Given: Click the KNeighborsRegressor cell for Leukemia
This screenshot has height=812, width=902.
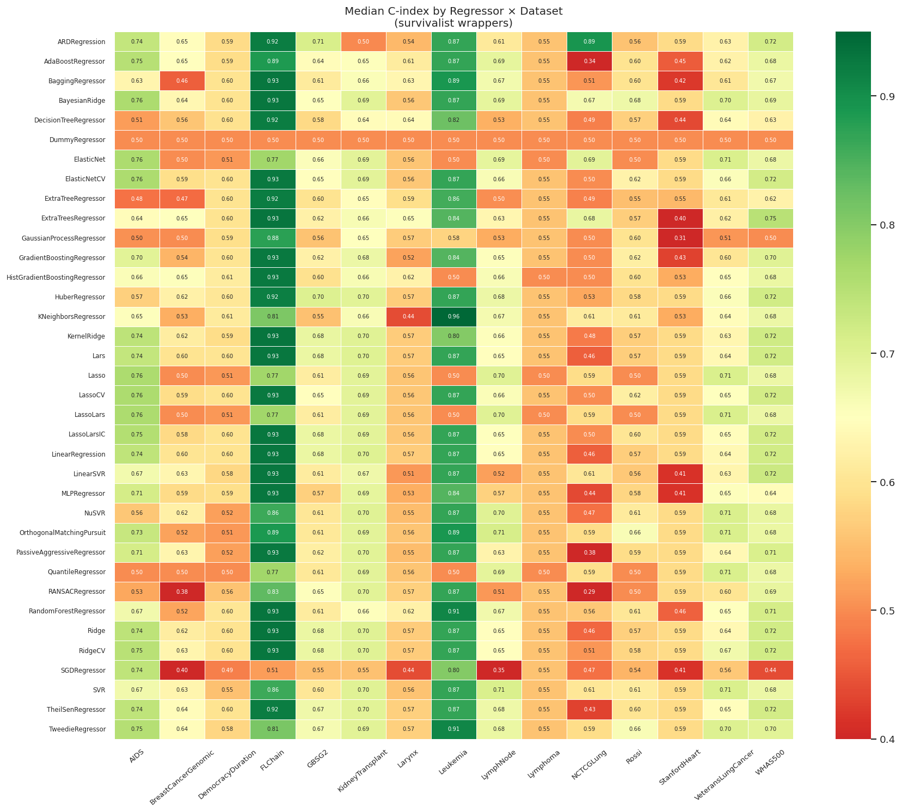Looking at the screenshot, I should coord(453,317).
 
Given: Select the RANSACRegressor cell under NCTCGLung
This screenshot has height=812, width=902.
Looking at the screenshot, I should coord(590,592).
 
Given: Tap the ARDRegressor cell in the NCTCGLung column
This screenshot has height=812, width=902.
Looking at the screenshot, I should coord(590,42).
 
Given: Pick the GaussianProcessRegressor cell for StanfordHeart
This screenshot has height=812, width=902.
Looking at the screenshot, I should coord(680,238).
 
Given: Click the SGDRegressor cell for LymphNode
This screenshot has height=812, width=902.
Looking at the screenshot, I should coord(499,670).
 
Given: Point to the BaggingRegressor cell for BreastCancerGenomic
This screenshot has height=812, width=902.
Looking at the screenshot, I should coord(182,81).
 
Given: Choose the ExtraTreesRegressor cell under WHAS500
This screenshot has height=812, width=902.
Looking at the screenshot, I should coord(770,219).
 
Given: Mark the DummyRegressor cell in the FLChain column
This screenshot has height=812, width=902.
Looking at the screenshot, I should coord(273,140).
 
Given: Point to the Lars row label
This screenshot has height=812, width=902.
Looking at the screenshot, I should coord(99,356).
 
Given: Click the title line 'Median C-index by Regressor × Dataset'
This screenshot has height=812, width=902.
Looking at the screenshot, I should coord(453,11).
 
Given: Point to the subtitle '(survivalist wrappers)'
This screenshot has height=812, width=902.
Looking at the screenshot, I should coord(453,23).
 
